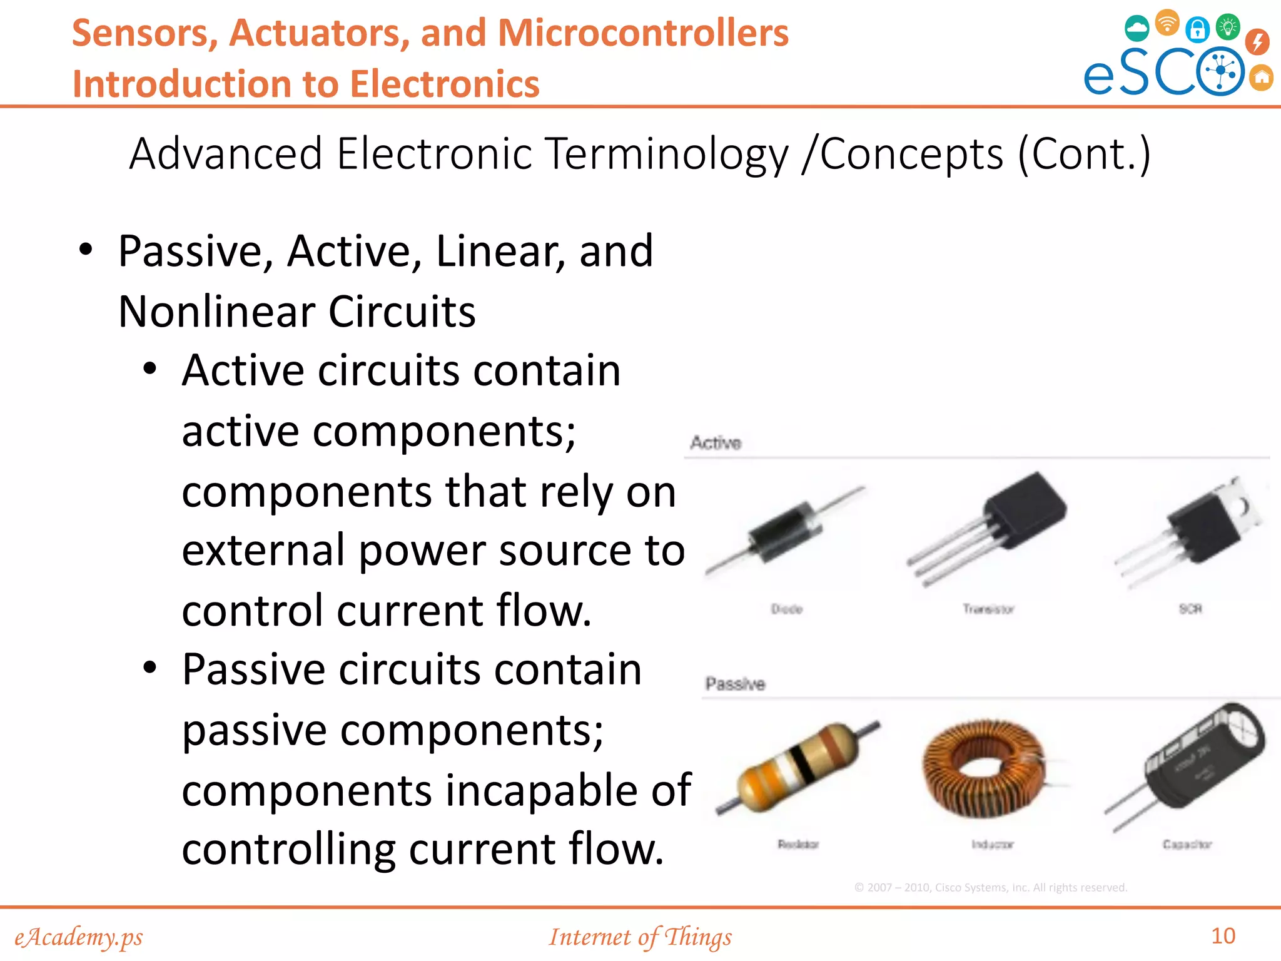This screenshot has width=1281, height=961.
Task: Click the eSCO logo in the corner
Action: point(1176,56)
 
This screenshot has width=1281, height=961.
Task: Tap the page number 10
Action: point(1223,936)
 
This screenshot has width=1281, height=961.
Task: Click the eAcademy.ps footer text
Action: point(79,937)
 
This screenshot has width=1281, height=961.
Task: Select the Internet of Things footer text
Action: point(640,937)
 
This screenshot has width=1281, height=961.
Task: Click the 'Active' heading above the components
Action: point(716,443)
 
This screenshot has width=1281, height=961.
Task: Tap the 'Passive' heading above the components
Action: point(735,684)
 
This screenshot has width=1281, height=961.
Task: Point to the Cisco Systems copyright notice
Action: point(990,887)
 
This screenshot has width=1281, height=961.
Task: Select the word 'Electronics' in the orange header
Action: point(445,84)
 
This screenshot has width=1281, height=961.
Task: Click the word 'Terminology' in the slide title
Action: point(667,154)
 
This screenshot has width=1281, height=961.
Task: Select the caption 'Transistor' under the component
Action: point(988,609)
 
